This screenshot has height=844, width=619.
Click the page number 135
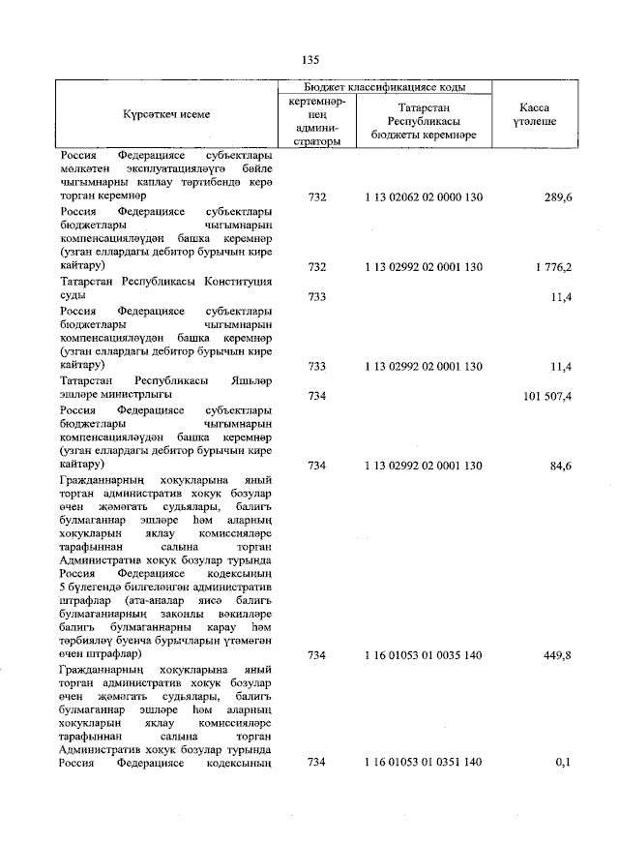pos(310,60)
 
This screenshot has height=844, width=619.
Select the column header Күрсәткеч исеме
pos(165,114)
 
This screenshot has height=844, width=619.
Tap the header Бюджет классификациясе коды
pos(385,87)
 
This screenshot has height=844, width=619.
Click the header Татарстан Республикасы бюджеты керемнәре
pos(424,122)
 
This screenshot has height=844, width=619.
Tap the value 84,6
pos(557,466)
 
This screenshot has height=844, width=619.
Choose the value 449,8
pos(554,655)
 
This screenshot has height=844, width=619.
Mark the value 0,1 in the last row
pos(563,763)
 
